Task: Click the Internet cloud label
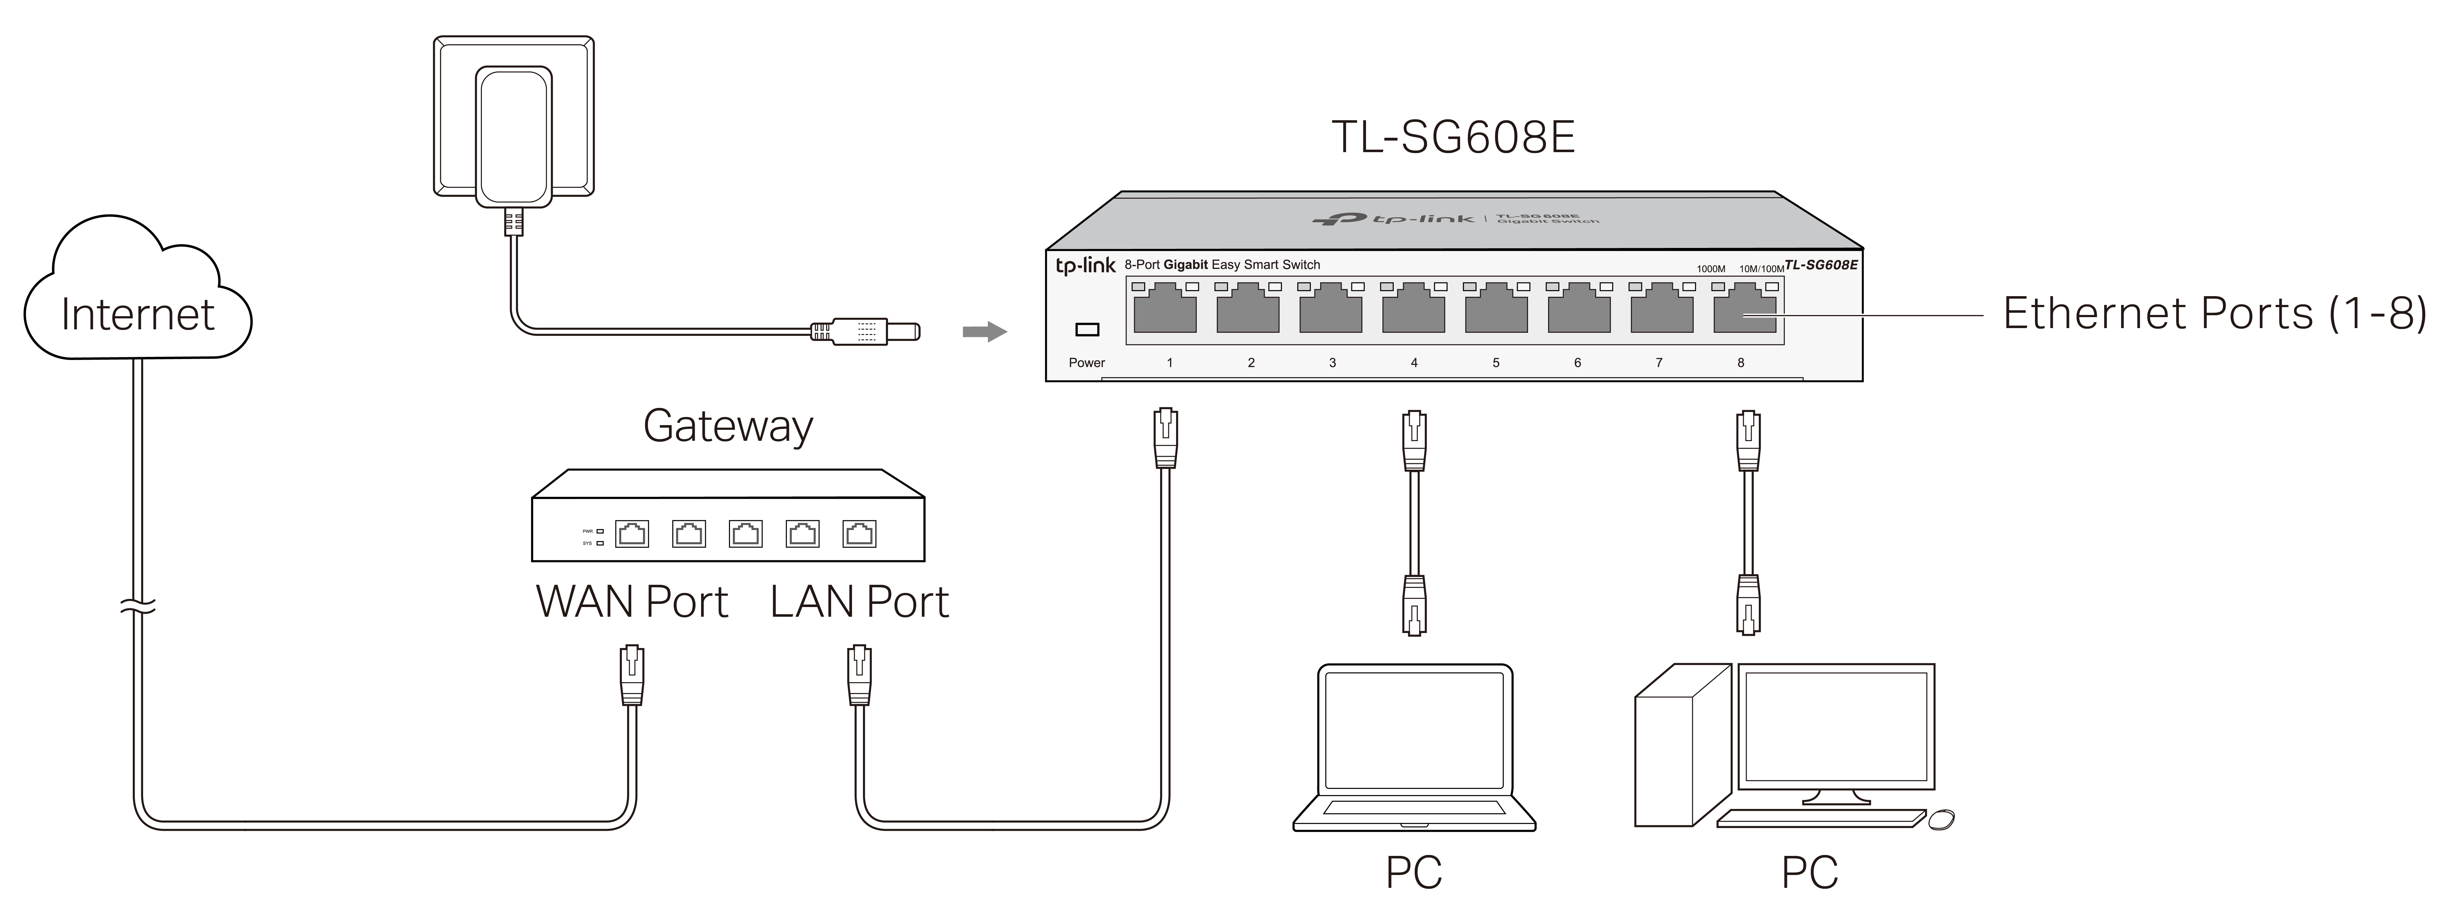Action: click(138, 314)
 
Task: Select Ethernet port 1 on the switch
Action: click(1165, 309)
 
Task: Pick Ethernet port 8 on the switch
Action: click(1745, 309)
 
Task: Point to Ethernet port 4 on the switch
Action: click(1413, 309)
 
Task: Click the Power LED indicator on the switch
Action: click(1086, 330)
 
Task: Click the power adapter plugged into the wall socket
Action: click(514, 136)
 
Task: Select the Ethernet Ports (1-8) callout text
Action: click(2214, 313)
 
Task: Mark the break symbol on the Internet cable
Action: click(138, 606)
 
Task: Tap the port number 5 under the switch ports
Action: click(1496, 363)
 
